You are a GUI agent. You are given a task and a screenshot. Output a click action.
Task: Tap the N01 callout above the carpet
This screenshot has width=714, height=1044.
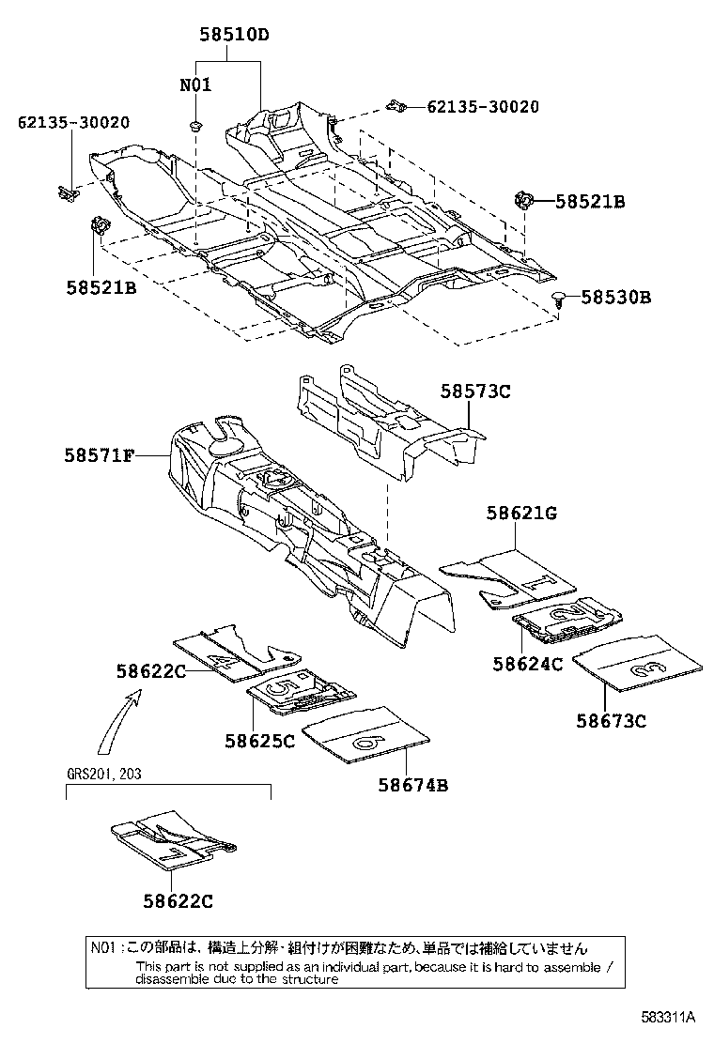coord(195,84)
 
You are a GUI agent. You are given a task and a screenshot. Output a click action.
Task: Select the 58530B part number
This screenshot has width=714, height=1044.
coord(615,298)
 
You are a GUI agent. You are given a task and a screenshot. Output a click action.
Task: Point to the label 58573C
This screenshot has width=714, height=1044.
coord(475,391)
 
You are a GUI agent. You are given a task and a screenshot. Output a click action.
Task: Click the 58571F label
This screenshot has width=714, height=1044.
coord(100,456)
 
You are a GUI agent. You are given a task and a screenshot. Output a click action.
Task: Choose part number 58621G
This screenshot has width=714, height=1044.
coord(521,514)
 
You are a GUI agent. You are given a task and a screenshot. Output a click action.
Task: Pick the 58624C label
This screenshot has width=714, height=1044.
coord(527,664)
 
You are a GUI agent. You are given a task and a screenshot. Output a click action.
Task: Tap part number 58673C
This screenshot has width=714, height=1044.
coord(612,721)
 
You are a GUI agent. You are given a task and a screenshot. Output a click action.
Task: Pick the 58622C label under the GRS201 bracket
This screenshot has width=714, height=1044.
coord(178,901)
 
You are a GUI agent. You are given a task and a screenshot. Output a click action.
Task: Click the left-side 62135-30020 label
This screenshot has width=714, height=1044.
coord(73,122)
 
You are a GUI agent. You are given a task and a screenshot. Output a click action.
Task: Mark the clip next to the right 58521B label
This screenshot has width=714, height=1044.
coord(523,200)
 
